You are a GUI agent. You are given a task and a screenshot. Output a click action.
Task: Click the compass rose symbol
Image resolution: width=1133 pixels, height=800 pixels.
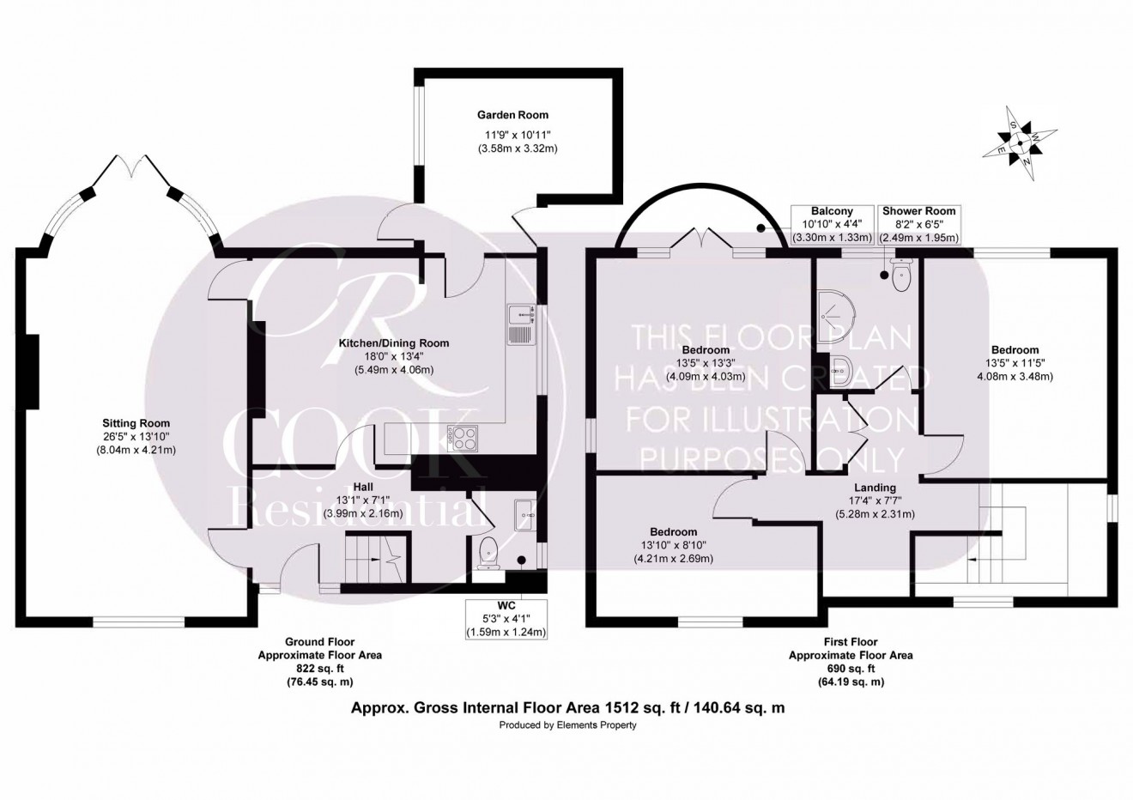pos(1019,143)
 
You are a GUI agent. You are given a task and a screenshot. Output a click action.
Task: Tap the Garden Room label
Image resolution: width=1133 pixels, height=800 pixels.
pos(512,115)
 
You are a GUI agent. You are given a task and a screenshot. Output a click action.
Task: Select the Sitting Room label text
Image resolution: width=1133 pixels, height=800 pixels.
pos(136,423)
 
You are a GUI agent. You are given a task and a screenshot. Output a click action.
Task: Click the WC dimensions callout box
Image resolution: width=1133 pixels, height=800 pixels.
pos(506,618)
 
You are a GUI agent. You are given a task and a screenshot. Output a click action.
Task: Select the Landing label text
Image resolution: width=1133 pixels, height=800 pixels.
pos(875,488)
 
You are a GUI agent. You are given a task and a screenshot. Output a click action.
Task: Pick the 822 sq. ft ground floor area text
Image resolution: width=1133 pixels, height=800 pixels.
pos(319,668)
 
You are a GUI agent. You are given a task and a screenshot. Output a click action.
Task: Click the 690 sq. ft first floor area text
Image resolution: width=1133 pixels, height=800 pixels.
pos(850,669)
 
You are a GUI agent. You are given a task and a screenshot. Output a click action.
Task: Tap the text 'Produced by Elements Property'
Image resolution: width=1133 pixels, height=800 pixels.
pos(567,725)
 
